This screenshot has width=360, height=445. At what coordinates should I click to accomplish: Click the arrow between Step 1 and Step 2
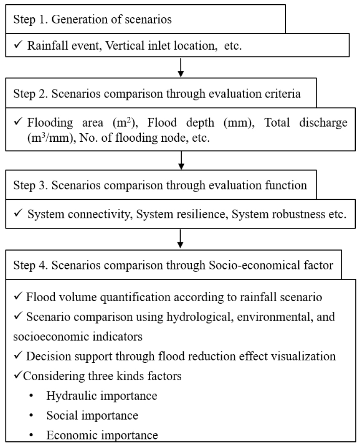coord(180,67)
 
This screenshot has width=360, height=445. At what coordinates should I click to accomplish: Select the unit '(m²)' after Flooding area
coord(125,124)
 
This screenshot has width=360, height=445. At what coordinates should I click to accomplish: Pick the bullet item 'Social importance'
coord(92,415)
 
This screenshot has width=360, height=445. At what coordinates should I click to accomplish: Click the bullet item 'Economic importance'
coord(102,435)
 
